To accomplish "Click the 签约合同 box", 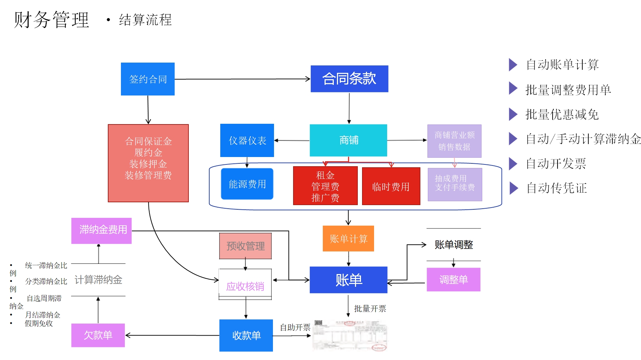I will point(148,79).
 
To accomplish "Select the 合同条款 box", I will point(349,79).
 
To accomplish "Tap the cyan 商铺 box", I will point(348,140).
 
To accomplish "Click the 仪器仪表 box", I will point(247,140).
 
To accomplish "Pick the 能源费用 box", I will point(247,184).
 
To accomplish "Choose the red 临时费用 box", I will point(391,186).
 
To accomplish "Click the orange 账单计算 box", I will point(348,239).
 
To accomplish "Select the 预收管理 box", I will point(245,246).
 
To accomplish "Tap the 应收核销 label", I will point(245,286).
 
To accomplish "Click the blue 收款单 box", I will point(246,335).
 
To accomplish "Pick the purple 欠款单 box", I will point(98,335).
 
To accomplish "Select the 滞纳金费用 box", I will point(101,231).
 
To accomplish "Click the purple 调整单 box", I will point(454,280).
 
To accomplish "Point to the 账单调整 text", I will point(454,244).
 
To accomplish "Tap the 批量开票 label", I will point(370,309).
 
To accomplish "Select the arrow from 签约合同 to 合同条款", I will point(242,79).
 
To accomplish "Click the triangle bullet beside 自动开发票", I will point(513,163).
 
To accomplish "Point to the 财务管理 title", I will point(52,20).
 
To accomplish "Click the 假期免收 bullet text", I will point(39,323).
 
